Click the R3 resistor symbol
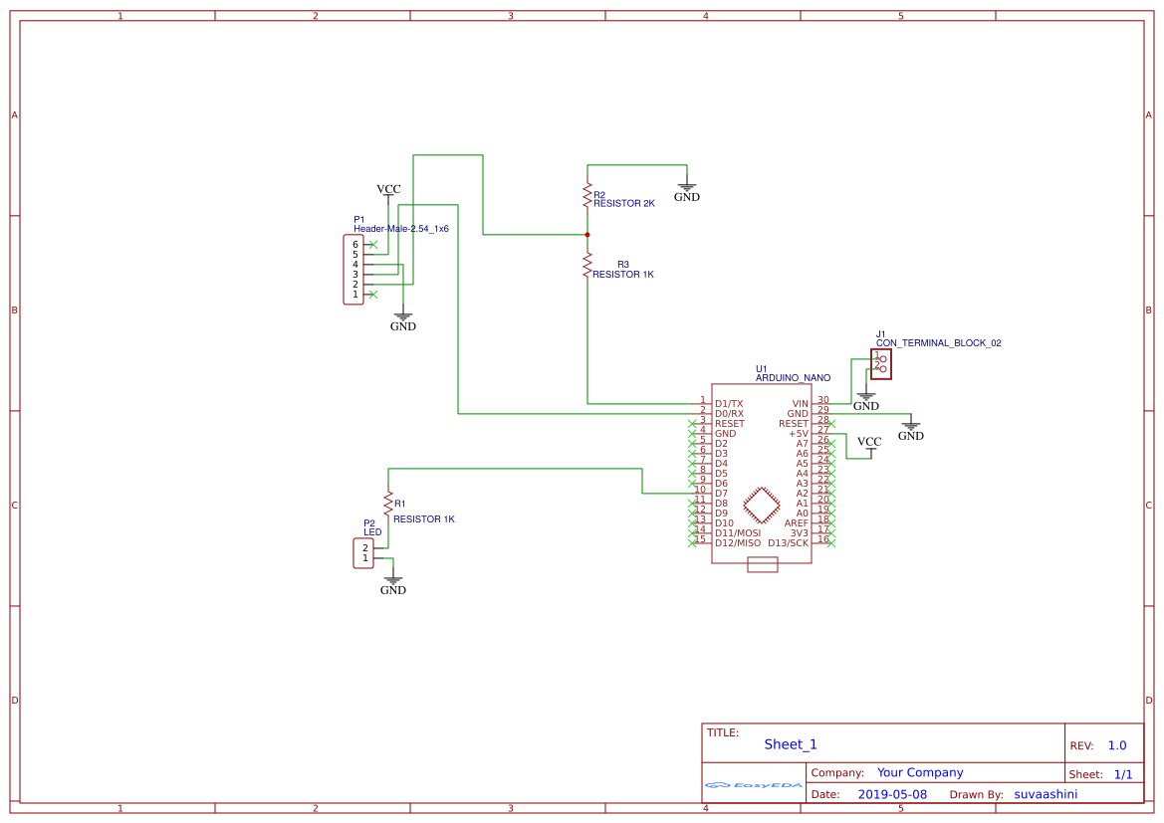tap(587, 265)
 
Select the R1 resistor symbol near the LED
tap(388, 503)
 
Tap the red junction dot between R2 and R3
tap(587, 235)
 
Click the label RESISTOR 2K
tap(624, 203)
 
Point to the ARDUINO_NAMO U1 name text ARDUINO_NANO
tap(793, 378)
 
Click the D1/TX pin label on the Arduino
tap(729, 403)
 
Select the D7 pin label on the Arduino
tap(721, 493)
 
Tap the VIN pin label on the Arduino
tap(800, 403)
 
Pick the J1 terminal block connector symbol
tap(880, 364)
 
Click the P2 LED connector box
tap(363, 553)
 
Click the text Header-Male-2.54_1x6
tap(401, 229)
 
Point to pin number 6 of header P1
tap(354, 245)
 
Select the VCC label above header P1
tap(388, 189)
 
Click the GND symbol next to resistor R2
tap(687, 189)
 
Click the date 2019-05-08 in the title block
tap(892, 794)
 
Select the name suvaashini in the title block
tap(1046, 794)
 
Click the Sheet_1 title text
tap(791, 744)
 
